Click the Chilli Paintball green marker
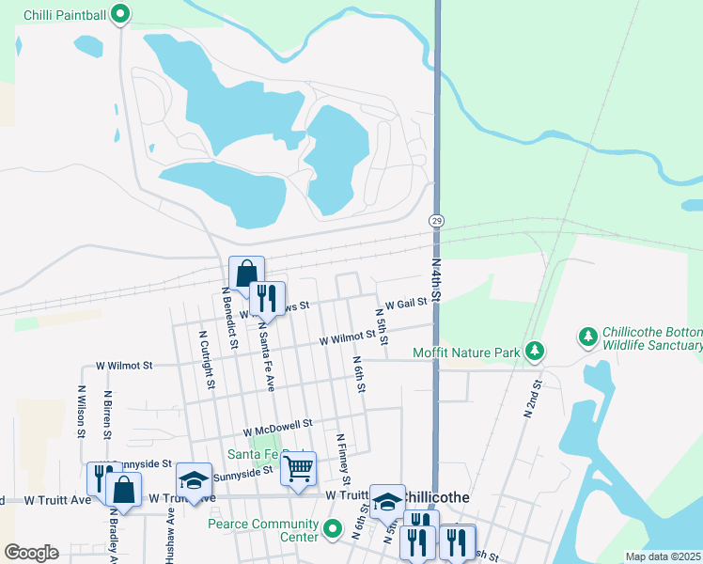120,14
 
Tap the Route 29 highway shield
437,220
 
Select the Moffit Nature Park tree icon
535,352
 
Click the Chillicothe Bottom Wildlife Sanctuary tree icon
588,336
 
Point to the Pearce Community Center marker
332,530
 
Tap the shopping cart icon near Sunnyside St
298,467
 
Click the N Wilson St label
82,414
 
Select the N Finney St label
342,460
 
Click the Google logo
31,553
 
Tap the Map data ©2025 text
662,556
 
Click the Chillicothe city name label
441,495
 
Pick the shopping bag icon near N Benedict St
246,274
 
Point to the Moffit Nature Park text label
466,353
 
